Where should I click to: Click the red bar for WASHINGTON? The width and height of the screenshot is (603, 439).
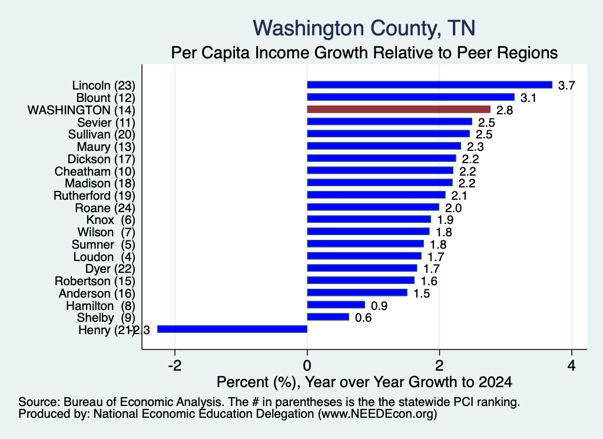click(x=399, y=109)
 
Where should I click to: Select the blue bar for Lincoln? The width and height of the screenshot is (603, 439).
click(x=429, y=85)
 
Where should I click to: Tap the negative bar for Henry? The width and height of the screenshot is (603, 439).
click(x=232, y=329)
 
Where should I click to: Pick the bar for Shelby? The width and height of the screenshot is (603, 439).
click(x=328, y=316)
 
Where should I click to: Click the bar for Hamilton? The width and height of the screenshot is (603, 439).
click(x=336, y=305)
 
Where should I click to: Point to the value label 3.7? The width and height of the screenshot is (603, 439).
click(x=566, y=85)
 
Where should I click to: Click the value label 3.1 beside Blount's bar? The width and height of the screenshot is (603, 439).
click(x=528, y=98)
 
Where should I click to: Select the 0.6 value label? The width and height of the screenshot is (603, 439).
click(x=363, y=318)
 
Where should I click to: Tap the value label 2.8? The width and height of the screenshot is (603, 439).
click(x=505, y=110)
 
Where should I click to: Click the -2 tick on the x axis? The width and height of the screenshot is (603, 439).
click(x=175, y=365)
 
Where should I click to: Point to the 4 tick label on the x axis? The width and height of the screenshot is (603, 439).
click(x=572, y=365)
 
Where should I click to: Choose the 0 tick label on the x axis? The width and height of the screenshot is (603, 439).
click(x=307, y=365)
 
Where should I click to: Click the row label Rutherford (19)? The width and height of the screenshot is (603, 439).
click(x=94, y=196)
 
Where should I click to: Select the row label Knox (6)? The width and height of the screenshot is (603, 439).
click(x=111, y=220)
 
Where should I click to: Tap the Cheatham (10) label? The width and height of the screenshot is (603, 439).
click(x=95, y=171)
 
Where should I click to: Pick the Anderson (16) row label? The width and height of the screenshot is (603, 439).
click(x=97, y=293)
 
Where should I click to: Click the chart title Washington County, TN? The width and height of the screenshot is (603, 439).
click(x=364, y=28)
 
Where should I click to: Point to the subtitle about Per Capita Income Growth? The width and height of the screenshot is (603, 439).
click(x=364, y=52)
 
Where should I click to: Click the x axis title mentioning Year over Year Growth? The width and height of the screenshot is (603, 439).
click(x=364, y=382)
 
